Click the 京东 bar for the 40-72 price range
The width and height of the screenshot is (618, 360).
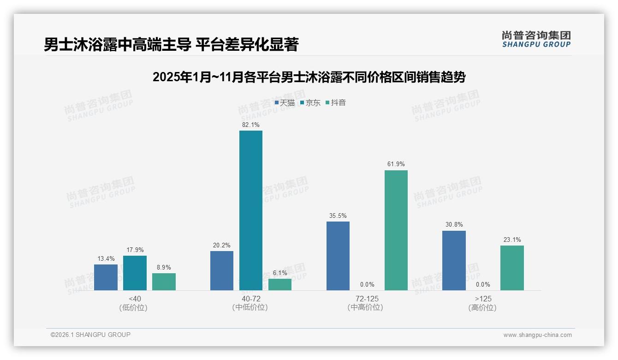coord(250,210)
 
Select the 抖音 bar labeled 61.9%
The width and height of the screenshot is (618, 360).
coord(396,230)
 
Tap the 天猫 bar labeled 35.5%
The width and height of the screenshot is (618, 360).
coord(338,256)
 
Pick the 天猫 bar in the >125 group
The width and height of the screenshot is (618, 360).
coord(454,260)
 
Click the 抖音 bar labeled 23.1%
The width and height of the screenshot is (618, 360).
coord(512,268)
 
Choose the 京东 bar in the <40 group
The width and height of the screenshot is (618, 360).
coord(135,273)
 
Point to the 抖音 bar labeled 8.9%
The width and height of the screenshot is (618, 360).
coord(164,282)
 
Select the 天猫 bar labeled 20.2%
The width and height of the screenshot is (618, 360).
coord(221,270)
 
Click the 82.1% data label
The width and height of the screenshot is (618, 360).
coord(250,125)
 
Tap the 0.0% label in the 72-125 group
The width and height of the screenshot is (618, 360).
coord(367,284)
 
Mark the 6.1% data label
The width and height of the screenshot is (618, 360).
coord(279,273)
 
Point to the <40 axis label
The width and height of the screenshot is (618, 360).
coord(135,299)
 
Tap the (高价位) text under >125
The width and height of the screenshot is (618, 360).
coord(482,307)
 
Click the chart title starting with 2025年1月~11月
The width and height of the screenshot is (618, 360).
coord(309,77)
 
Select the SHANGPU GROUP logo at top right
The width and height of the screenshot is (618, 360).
coord(536,39)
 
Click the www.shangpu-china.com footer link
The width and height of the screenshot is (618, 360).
coord(537,335)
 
